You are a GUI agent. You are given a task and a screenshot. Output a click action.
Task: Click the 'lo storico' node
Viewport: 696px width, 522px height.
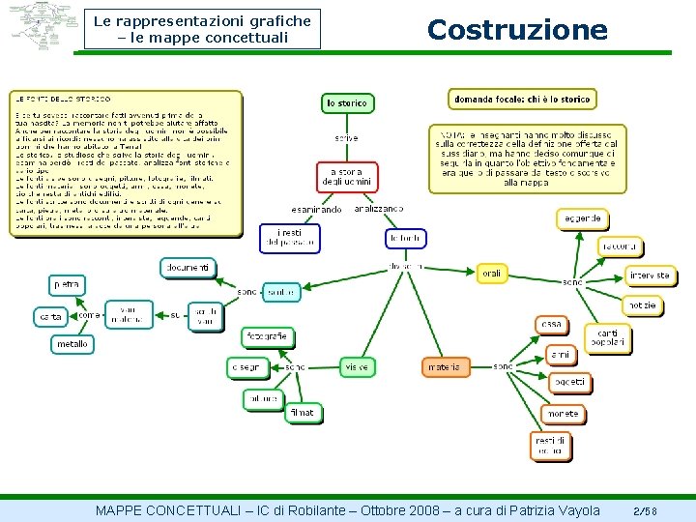(346, 102)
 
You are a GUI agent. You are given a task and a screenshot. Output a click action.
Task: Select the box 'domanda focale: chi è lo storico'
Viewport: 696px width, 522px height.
(522, 99)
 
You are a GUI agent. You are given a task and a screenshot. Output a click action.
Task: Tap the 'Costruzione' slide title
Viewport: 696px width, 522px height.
(517, 30)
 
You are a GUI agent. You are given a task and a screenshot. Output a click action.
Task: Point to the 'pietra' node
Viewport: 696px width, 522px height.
(67, 284)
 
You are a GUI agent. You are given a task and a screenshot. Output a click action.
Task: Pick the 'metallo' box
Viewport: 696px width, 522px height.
(72, 343)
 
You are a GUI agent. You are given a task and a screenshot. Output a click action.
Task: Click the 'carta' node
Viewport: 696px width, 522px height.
(49, 316)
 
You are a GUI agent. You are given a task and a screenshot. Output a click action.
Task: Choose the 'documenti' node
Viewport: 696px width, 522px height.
(188, 268)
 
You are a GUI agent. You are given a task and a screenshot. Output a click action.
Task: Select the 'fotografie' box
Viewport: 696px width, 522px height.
(267, 337)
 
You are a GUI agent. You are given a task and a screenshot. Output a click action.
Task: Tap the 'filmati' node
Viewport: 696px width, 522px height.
(302, 413)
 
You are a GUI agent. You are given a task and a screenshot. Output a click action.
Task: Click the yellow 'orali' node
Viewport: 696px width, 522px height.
(492, 274)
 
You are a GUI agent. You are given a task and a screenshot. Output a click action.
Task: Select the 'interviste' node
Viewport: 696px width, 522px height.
(649, 275)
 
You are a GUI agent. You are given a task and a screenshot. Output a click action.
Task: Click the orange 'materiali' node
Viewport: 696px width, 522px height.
(445, 367)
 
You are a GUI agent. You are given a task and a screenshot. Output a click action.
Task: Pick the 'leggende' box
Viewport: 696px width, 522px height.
(583, 218)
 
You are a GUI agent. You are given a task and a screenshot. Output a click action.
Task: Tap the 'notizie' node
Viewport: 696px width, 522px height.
(642, 305)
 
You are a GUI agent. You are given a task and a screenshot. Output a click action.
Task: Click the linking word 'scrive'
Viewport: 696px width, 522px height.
(346, 138)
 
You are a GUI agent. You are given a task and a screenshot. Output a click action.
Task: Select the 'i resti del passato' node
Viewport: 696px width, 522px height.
(288, 238)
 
